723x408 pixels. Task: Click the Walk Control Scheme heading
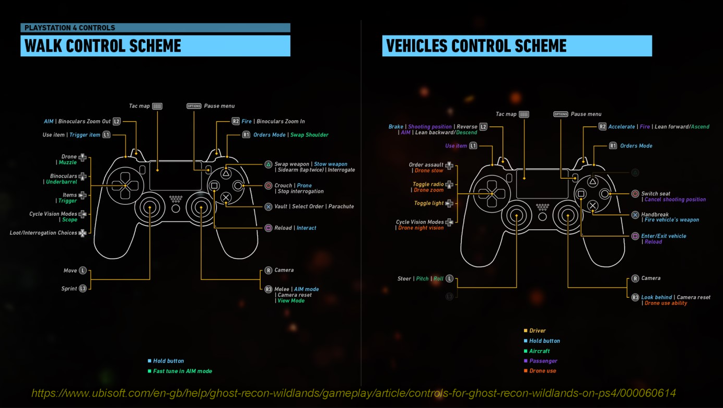coord(103,46)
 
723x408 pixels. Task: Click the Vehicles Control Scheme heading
coord(476,46)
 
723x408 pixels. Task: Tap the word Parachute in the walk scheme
coord(341,206)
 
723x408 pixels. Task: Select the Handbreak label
coord(655,214)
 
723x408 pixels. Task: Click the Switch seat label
coord(656,194)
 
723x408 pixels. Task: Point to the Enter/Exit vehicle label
coord(663,236)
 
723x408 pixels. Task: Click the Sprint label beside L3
coord(69,288)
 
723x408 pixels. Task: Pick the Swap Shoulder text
coord(309,135)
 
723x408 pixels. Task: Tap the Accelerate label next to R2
coord(621,127)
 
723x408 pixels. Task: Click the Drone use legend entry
coord(542,371)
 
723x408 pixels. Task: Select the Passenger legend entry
coord(543,361)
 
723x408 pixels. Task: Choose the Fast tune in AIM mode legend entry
coord(182,371)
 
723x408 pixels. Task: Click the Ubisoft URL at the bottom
coord(354,393)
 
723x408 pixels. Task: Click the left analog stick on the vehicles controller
coord(517,215)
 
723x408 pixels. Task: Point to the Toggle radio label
coord(428,184)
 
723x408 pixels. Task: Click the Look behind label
coord(657,297)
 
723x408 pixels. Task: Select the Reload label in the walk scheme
coord(283,228)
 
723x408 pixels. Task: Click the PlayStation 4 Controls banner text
coord(69,28)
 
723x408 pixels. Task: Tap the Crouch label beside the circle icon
coord(283,185)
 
